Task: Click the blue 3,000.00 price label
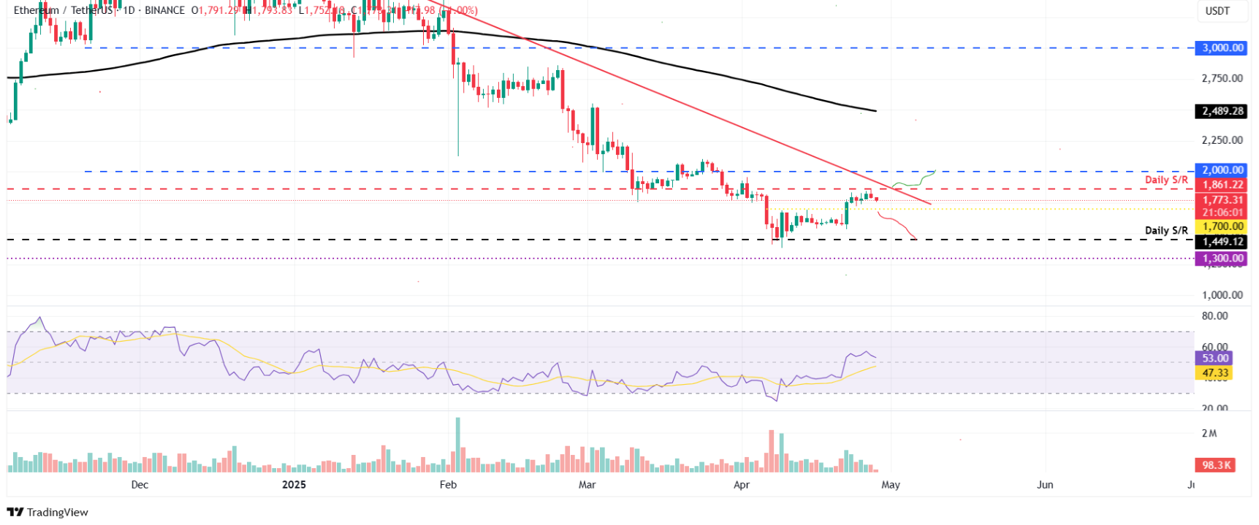click(x=1222, y=48)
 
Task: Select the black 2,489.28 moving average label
click(x=1222, y=111)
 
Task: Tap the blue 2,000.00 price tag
click(x=1222, y=170)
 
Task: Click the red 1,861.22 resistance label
click(x=1222, y=185)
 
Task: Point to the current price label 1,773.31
click(x=1222, y=200)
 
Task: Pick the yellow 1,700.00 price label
click(x=1222, y=226)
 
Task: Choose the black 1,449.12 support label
click(x=1222, y=242)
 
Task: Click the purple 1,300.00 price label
click(x=1222, y=258)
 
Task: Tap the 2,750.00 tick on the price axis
click(x=1222, y=78)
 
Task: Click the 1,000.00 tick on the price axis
click(x=1222, y=295)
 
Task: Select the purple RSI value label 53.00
click(x=1214, y=359)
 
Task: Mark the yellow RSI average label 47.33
click(x=1214, y=373)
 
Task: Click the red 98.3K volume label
click(x=1216, y=465)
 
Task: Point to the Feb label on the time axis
click(x=448, y=485)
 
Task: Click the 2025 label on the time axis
click(x=294, y=485)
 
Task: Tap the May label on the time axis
click(x=890, y=485)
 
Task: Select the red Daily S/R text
click(x=1165, y=180)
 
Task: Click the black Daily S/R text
click(x=1165, y=231)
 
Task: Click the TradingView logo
click(x=47, y=512)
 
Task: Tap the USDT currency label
click(x=1217, y=11)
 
